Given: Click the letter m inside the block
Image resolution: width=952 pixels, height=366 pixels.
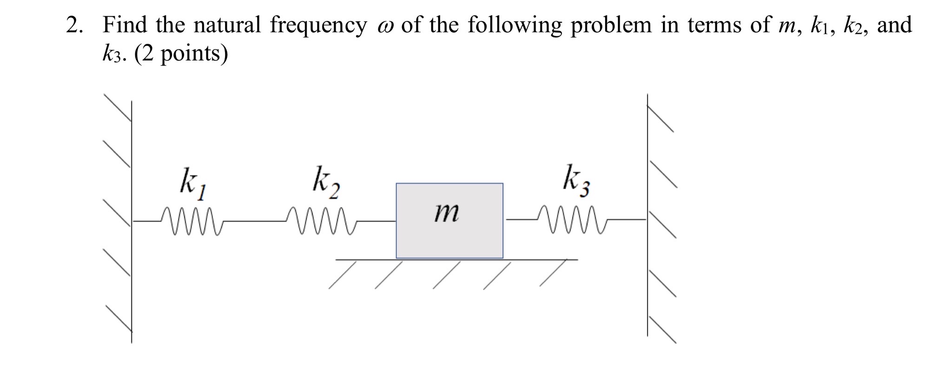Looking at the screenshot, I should (446, 213).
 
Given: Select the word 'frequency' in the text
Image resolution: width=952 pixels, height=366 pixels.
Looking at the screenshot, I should (318, 26).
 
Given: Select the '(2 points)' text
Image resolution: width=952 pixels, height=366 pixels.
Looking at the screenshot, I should (181, 54).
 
